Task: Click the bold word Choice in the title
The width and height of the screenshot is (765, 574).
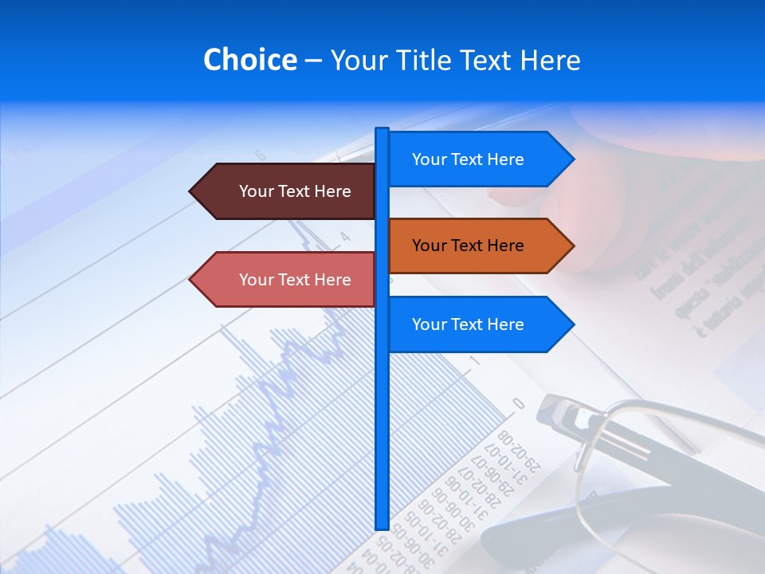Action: (x=249, y=61)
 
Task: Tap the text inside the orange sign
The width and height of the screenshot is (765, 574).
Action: (x=468, y=246)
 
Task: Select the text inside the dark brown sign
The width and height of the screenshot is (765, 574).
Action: (x=295, y=191)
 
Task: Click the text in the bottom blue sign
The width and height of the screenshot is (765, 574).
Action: (x=468, y=324)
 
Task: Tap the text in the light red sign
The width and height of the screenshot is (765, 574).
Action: (x=295, y=280)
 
